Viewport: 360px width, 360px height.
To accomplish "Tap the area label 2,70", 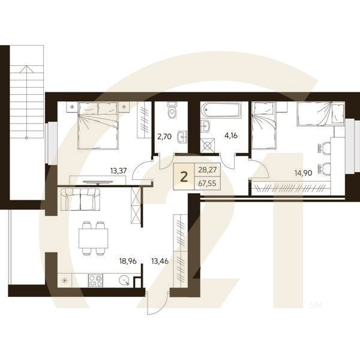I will [x=164, y=136].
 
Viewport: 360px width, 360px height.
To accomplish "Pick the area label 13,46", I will [x=160, y=261].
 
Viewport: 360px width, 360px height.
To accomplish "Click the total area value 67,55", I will [x=207, y=184].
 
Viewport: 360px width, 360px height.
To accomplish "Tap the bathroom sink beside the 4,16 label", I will [x=206, y=126].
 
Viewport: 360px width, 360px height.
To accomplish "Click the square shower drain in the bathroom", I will [x=209, y=144].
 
